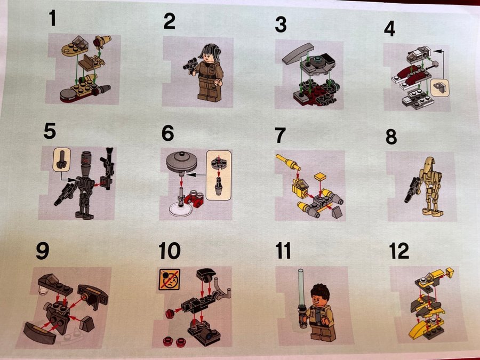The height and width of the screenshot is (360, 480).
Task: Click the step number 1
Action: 52,18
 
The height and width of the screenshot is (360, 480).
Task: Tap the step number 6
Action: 168,133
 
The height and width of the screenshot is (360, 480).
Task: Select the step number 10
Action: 170,251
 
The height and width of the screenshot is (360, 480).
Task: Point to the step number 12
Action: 399,251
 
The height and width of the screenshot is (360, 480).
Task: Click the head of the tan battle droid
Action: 431,165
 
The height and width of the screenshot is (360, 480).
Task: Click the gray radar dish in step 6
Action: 181,161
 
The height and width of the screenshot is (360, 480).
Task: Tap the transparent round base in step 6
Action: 181,210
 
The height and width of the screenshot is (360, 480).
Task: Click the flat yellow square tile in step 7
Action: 320,177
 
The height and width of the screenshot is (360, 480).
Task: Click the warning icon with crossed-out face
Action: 169,279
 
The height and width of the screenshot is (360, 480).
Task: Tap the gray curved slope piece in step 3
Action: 298,53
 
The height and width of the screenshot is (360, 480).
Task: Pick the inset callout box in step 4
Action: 439,88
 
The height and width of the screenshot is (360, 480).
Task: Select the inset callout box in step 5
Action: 62,159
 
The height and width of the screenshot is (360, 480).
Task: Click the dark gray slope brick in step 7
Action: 337,212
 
